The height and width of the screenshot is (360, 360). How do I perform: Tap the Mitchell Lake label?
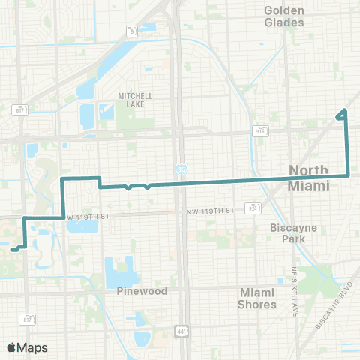[x=135, y=100]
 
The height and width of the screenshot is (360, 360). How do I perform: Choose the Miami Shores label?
[x=257, y=298]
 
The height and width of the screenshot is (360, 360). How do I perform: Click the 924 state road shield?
[x=253, y=208]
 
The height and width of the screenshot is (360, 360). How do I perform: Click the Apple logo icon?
[x=12, y=347]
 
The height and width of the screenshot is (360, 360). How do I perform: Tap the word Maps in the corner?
[x=33, y=347]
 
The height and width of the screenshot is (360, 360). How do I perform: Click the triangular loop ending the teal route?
[x=343, y=114]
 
